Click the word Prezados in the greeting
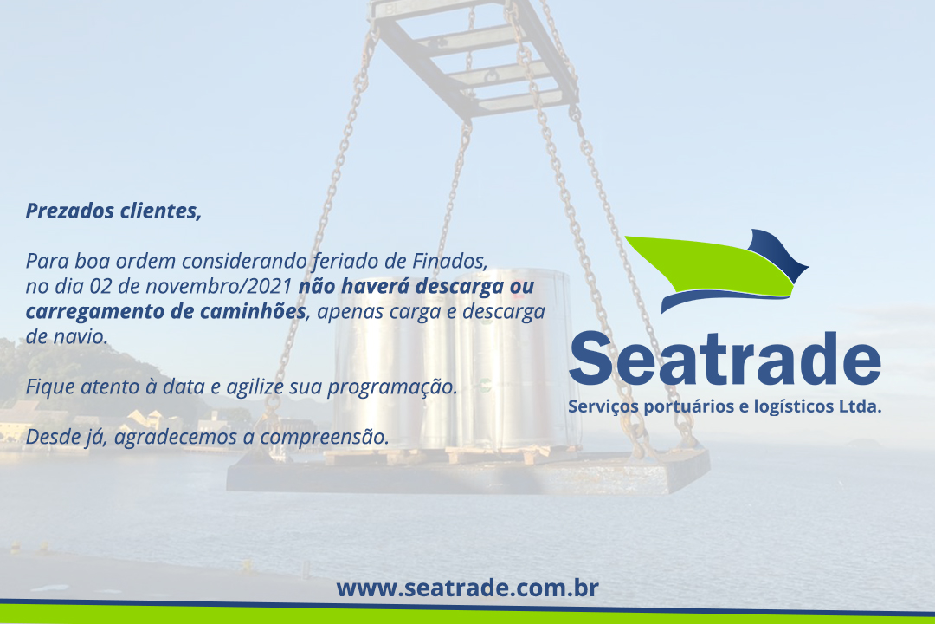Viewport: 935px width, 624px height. coord(70,211)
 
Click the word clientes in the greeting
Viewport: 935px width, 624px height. coord(161,211)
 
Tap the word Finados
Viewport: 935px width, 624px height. coord(450,262)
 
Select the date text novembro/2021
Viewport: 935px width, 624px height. coord(219,287)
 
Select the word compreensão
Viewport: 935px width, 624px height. coord(325,438)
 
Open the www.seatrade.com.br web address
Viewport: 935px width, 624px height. coord(467,588)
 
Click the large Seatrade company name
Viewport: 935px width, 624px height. coord(725,359)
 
